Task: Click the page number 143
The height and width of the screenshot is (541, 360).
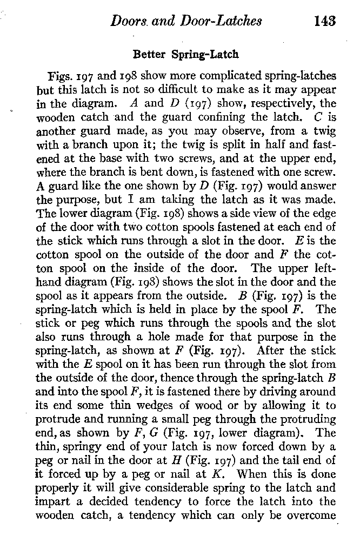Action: tap(324, 21)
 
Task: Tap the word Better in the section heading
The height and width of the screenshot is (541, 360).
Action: tap(150, 55)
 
